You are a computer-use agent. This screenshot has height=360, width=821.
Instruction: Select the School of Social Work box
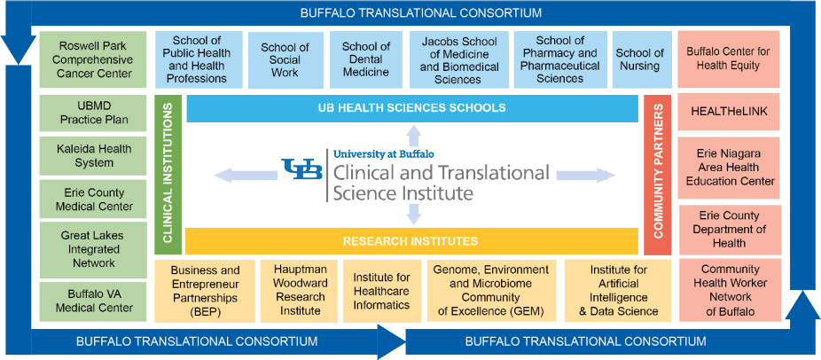pos(285,60)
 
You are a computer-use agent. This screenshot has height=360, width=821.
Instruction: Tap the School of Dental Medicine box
pos(366,60)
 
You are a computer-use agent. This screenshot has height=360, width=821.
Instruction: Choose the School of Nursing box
pos(640,60)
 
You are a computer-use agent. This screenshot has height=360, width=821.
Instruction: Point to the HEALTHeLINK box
pos(729,112)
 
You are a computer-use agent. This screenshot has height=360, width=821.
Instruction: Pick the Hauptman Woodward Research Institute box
pos(300,291)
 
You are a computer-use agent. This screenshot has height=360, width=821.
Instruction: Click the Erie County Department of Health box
pos(729,230)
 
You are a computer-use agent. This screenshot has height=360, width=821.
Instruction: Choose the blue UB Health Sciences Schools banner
pos(411,108)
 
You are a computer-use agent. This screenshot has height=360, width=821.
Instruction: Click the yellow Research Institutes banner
pos(411,241)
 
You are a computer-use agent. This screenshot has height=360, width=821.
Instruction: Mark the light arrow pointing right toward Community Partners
pos(586,176)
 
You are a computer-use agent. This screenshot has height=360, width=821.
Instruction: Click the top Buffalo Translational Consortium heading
pos(420,12)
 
